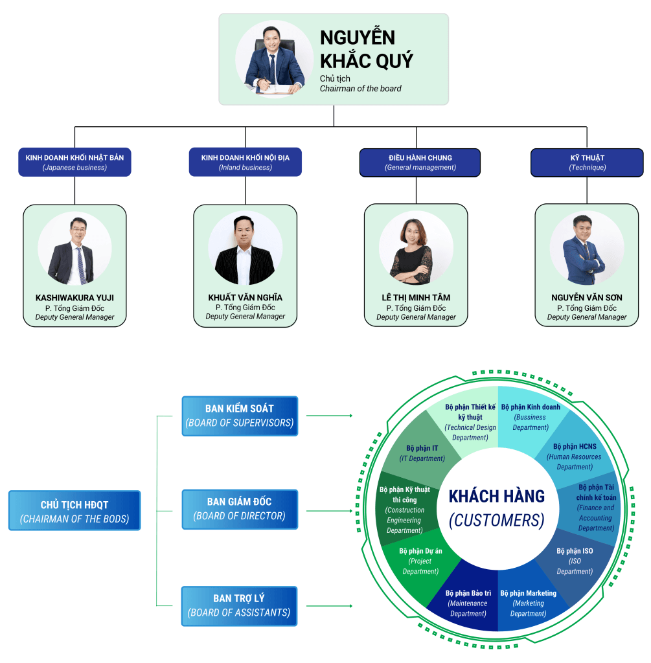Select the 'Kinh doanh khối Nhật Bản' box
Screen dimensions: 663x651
[74, 162]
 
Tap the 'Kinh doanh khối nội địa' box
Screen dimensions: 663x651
[246, 162]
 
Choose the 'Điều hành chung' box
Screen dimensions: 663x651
[420, 162]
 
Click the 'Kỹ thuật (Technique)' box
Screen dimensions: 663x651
[587, 162]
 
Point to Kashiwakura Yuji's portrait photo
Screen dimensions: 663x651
[74, 250]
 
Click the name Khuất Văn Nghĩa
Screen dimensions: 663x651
[246, 297]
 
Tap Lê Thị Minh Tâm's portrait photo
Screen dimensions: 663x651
[416, 250]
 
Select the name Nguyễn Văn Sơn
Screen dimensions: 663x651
[587, 297]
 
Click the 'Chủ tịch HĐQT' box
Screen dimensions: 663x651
[74, 511]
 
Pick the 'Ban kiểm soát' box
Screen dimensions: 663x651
[240, 416]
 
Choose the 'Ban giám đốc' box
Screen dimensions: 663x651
[240, 509]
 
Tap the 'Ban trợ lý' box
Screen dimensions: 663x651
[240, 606]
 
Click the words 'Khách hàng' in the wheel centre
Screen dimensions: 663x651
[497, 497]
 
